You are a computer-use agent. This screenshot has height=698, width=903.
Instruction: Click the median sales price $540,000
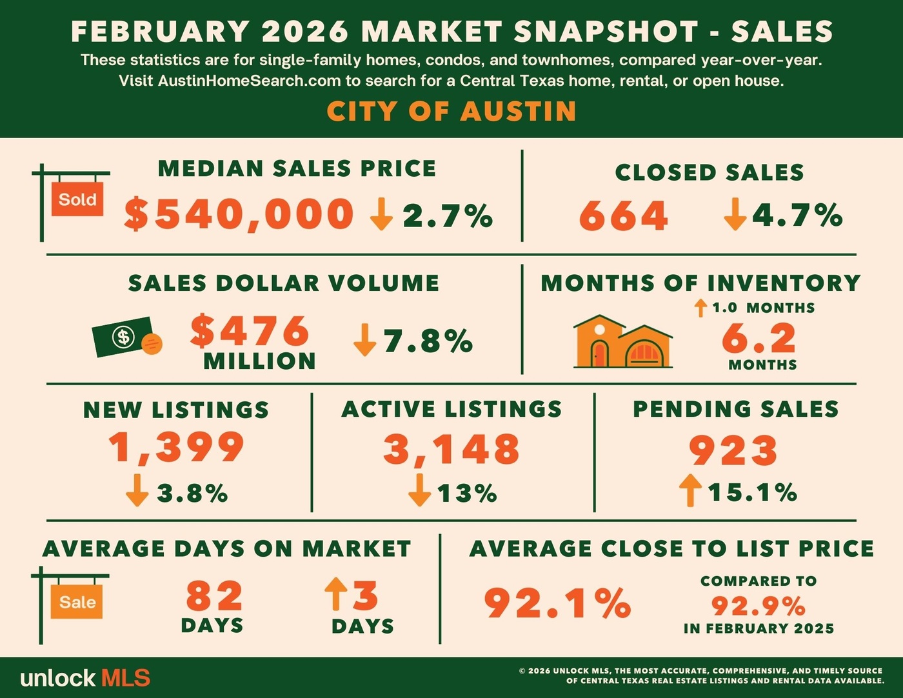pos(239,214)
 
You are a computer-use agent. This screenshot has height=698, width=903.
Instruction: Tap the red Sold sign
pos(77,199)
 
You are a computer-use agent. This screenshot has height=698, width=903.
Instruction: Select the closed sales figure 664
pos(623,215)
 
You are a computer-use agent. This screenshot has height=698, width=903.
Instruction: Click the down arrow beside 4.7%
pos(735,215)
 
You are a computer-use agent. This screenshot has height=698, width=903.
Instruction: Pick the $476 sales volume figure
pos(250,331)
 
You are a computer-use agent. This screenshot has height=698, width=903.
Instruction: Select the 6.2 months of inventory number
pos(759,337)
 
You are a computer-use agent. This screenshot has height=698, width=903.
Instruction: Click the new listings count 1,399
pos(176,447)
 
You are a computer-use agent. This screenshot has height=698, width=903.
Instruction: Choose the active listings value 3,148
pos(451,449)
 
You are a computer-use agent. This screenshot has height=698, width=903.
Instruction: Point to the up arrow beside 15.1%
pos(690,490)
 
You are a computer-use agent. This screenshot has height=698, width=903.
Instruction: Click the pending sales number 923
pos(733,450)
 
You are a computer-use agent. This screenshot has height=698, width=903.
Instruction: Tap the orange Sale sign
pos(77,602)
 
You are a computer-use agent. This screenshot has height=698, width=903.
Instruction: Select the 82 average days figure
pos(214,596)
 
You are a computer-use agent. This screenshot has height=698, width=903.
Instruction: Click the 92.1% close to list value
pos(557,603)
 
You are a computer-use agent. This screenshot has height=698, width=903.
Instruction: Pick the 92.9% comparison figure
pos(759,606)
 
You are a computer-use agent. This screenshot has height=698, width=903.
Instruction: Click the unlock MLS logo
pos(85,678)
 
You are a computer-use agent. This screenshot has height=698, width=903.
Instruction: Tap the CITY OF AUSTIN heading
pos(451,111)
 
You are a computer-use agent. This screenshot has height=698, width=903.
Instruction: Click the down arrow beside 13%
pos(419,490)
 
